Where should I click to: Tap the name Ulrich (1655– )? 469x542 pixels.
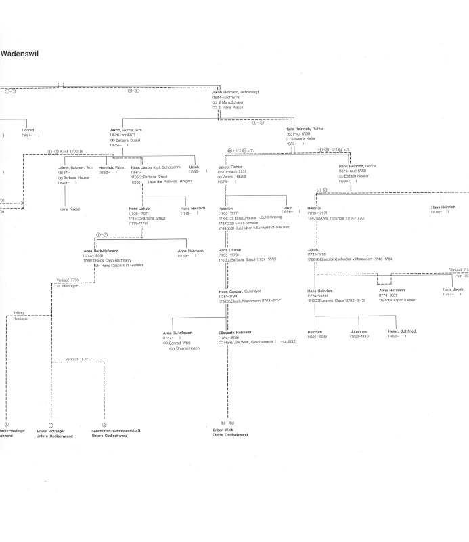(194, 167)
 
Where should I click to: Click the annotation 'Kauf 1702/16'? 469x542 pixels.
(76, 152)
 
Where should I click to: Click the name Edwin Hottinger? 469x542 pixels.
(51, 430)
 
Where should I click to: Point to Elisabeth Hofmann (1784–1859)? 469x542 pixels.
(235, 333)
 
